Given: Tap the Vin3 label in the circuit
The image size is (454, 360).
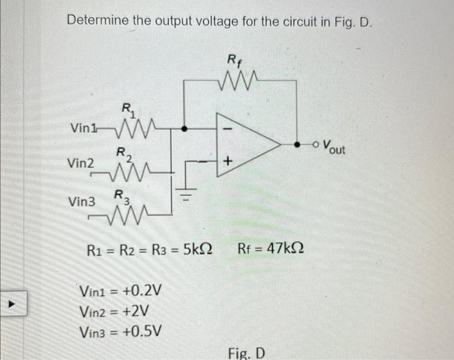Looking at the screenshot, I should coord(82,202).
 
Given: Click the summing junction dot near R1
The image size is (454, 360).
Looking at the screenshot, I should coord(185,129).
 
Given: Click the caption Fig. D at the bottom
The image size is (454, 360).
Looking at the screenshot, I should coord(246,352).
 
